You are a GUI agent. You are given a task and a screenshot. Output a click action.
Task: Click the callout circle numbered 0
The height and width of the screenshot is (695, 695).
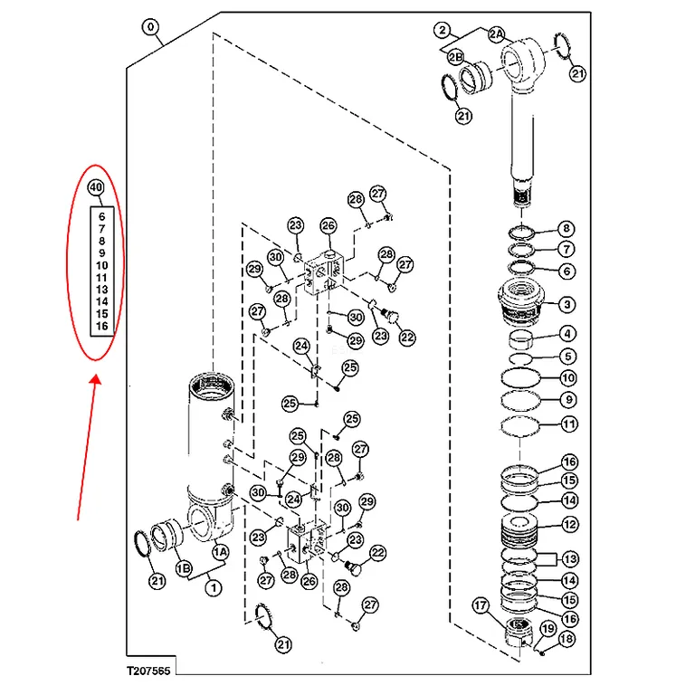[151, 27]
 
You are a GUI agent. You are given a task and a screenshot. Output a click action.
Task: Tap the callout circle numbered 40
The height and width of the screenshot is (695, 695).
[96, 187]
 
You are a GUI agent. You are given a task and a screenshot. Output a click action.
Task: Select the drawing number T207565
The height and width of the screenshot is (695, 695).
[148, 671]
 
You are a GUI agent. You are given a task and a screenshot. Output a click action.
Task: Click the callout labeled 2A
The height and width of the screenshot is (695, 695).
[497, 34]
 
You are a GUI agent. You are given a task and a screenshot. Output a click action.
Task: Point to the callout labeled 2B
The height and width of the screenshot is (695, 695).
[455, 57]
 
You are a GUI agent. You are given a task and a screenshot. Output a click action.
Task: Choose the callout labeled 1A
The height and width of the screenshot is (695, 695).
[220, 552]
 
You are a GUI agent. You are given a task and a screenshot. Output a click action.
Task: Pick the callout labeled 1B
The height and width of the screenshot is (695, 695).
[184, 568]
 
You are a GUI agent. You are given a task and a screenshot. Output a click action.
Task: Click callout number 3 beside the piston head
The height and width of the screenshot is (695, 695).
[567, 304]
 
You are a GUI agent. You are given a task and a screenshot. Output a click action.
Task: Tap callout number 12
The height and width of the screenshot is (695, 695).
[570, 525]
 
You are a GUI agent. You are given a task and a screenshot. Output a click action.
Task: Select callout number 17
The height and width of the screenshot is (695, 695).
[481, 605]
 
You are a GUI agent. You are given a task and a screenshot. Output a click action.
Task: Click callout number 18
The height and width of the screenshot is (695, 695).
[566, 639]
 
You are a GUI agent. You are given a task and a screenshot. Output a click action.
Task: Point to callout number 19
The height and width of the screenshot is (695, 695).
[548, 629]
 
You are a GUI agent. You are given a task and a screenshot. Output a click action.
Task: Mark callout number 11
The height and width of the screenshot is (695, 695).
[569, 424]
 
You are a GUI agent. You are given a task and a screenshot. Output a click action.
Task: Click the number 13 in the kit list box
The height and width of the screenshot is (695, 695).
[102, 290]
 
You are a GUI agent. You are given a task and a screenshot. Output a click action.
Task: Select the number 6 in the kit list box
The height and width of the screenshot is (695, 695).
[102, 216]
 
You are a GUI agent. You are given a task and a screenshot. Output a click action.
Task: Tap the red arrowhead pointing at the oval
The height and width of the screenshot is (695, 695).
[95, 380]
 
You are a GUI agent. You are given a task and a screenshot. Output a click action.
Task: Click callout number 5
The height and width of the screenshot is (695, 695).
[568, 357]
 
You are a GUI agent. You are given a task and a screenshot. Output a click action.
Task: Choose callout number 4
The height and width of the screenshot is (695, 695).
[567, 334]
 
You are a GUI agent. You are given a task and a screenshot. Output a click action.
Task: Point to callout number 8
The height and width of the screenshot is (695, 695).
[566, 229]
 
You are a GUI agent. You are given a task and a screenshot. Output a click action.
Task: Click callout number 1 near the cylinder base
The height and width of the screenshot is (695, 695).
[214, 588]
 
